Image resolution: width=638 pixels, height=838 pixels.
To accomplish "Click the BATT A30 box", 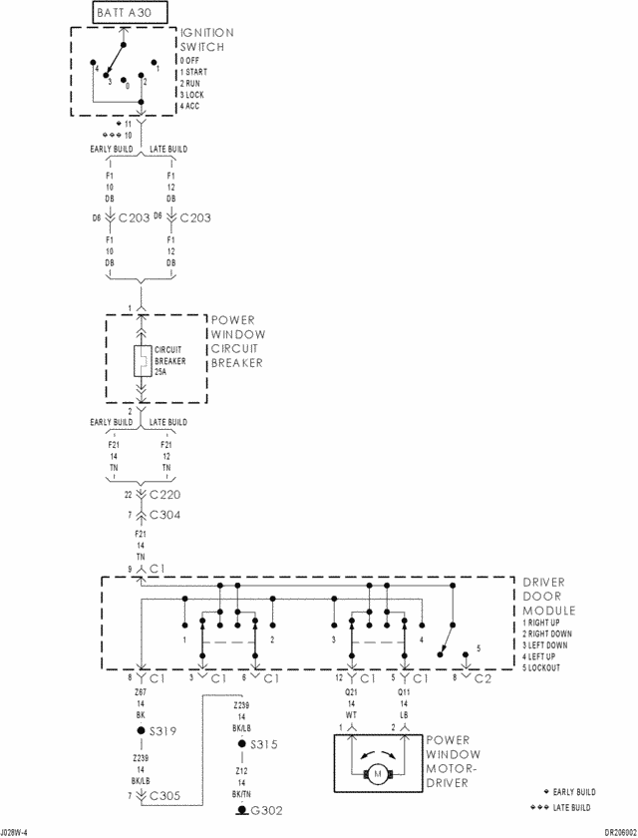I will [130, 13].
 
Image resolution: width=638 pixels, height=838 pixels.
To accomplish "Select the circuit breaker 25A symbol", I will [142, 361].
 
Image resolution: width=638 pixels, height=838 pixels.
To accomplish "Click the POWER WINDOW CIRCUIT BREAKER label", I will [236, 342].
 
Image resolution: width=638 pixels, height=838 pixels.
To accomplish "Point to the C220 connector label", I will [162, 494].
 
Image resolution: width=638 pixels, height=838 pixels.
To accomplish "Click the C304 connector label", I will [162, 515].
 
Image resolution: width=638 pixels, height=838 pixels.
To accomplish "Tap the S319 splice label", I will [161, 731].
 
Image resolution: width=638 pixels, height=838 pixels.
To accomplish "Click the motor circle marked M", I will [378, 775].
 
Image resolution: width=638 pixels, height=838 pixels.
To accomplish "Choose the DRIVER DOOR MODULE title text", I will [549, 597].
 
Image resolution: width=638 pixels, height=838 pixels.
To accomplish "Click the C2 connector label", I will [482, 678].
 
